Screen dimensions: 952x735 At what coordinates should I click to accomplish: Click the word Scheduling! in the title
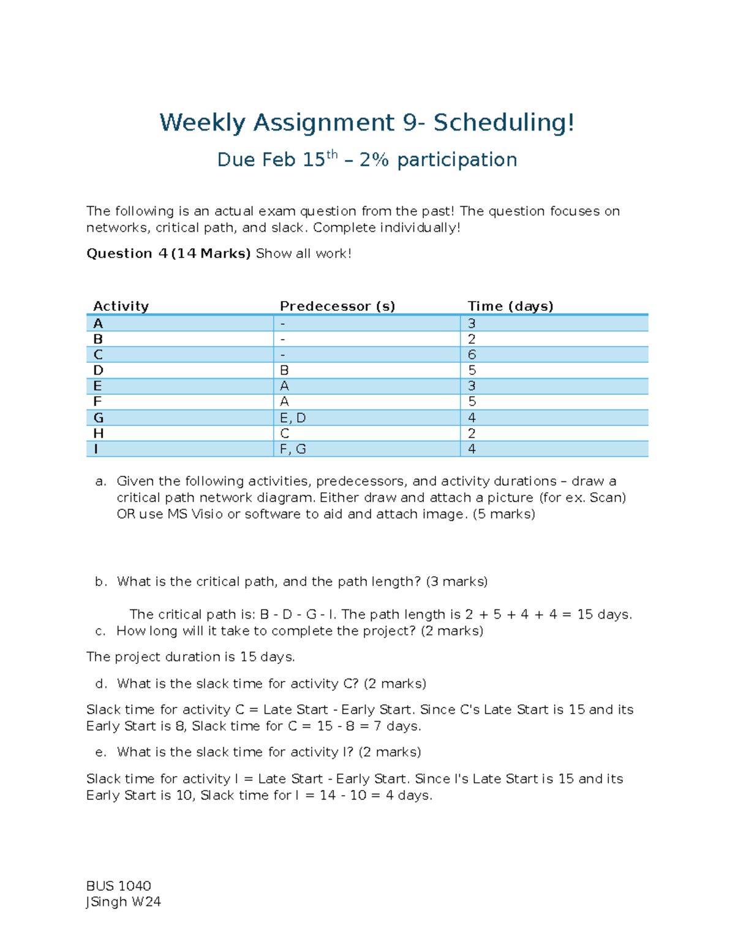point(504,123)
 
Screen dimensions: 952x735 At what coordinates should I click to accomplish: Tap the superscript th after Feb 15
point(332,154)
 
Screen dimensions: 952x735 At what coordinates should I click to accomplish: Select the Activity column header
point(121,306)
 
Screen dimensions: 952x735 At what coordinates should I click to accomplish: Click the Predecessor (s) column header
point(337,306)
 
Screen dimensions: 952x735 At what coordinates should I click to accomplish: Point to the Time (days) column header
point(510,306)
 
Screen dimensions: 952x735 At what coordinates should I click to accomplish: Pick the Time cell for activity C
point(472,355)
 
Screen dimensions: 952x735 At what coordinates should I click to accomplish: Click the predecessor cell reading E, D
point(293,418)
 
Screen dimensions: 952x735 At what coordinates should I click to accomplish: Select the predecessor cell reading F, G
point(293,449)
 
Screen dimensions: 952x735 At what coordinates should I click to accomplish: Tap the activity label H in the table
point(98,433)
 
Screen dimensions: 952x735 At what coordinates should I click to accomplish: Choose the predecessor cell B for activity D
point(284,370)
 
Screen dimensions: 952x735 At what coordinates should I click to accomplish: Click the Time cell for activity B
point(472,339)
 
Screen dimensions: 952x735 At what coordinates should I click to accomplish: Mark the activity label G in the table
point(98,418)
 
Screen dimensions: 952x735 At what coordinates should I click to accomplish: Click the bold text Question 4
point(127,254)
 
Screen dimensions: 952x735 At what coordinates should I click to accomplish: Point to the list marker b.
point(100,582)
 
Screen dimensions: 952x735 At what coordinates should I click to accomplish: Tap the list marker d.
point(100,684)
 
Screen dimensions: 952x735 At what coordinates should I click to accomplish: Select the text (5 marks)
point(503,514)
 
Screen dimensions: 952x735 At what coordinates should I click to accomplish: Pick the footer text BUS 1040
point(119,886)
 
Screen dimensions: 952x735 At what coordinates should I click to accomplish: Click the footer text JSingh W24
point(123,902)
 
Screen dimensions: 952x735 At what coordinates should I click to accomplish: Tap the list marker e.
point(100,752)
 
